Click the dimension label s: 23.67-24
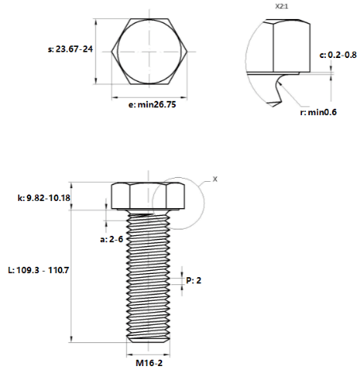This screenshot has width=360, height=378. point(70,49)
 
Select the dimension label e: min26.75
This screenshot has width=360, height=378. point(152,105)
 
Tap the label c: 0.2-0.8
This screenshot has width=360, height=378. point(338,55)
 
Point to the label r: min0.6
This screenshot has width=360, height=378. point(318,112)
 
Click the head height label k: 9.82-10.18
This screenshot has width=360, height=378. point(44,198)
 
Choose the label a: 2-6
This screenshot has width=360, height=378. point(111,239)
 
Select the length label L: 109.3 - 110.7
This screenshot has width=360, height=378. point(39,270)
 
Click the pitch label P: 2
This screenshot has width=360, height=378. point(194,280)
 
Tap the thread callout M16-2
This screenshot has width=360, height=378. point(149,363)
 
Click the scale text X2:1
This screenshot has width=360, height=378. point(281,6)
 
